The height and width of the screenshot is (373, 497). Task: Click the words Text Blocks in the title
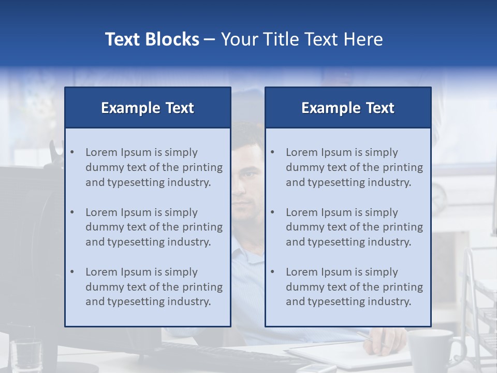coord(152,39)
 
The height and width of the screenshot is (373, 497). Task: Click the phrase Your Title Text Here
coord(302,39)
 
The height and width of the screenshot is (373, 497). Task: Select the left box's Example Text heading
coord(148,108)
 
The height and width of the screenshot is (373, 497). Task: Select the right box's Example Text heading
coord(348,108)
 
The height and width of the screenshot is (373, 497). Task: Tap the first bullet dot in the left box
coord(72,152)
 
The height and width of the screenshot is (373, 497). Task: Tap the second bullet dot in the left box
coord(72,212)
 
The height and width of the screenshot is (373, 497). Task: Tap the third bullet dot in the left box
coord(72,272)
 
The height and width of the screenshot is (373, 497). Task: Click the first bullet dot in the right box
coord(273,152)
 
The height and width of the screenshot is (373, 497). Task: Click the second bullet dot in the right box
coord(273,212)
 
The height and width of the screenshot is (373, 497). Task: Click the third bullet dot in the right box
coord(273,272)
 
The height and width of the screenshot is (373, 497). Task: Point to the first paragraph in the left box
coord(154,167)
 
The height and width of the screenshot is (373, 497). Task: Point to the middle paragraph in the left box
coord(154,227)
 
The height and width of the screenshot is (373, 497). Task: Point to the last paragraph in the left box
coord(154,287)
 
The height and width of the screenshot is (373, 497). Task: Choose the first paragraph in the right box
coord(354,167)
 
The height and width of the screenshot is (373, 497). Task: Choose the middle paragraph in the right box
coord(354,227)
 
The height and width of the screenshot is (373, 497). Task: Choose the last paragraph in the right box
coord(354,287)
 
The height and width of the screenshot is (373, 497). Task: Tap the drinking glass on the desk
coord(26,354)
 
